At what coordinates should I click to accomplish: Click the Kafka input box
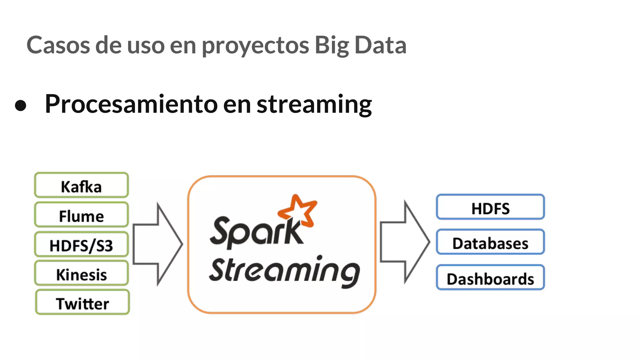click(x=81, y=185)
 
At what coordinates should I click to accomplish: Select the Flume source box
click(x=81, y=215)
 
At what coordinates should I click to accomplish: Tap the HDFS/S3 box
click(x=81, y=244)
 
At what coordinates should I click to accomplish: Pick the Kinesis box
click(x=81, y=273)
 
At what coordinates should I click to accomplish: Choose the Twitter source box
click(x=82, y=302)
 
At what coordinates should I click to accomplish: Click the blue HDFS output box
click(x=490, y=207)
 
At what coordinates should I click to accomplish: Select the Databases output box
click(x=490, y=242)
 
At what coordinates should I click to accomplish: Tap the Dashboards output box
click(x=490, y=277)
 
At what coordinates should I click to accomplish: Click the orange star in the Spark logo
click(x=298, y=211)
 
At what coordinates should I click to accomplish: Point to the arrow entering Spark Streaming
click(x=158, y=244)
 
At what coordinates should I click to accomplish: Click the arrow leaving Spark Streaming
click(x=405, y=242)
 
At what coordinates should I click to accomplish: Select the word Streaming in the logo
click(x=284, y=271)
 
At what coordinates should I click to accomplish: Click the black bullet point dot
click(x=21, y=105)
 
